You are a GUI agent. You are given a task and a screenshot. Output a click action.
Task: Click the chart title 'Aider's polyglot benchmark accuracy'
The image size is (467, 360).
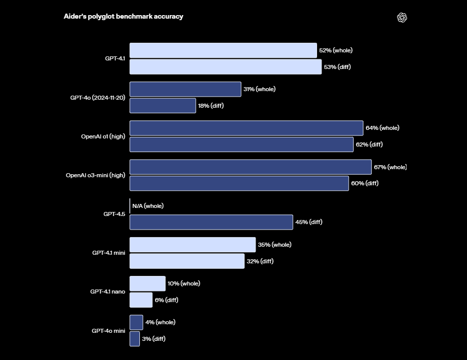point(123,17)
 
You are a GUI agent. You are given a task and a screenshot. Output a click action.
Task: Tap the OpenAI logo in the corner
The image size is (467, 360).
point(402,18)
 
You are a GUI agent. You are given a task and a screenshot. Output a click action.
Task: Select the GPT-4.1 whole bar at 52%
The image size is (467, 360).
point(223,50)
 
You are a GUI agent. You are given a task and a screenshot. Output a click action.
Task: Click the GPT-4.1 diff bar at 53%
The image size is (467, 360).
point(225,66)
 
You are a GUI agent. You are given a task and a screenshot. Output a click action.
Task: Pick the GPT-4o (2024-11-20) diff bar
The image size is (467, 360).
point(163,106)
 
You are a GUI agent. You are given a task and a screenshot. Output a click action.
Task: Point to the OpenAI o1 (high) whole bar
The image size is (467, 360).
point(246,128)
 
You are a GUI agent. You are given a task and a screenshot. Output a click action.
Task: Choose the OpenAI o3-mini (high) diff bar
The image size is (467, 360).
point(239,183)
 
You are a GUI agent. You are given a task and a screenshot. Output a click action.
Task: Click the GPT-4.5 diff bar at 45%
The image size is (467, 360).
point(211,222)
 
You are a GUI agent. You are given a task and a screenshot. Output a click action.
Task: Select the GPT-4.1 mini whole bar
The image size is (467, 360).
point(193,245)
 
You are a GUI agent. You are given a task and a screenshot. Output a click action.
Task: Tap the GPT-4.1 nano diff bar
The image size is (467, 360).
point(141,300)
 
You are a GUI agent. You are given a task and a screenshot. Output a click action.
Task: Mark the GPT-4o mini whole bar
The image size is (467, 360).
point(136,322)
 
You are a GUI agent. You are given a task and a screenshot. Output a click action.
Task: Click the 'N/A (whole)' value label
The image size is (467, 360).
point(148,206)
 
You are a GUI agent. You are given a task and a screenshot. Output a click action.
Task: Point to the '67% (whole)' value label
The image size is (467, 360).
point(390,167)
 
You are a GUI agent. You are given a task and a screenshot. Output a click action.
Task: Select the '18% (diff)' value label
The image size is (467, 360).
point(210,106)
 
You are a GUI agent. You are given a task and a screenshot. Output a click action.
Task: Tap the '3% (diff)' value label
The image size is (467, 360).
point(153,339)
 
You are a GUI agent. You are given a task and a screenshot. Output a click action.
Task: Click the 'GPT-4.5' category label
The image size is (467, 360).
point(114,214)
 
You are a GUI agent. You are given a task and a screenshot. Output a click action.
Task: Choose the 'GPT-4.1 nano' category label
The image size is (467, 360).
point(108,292)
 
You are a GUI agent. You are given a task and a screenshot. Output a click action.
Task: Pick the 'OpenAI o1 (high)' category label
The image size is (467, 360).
point(103,136)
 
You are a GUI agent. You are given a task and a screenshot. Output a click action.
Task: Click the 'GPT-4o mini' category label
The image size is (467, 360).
point(108,331)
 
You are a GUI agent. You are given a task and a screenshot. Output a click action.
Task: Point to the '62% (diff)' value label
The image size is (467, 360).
point(369,145)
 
